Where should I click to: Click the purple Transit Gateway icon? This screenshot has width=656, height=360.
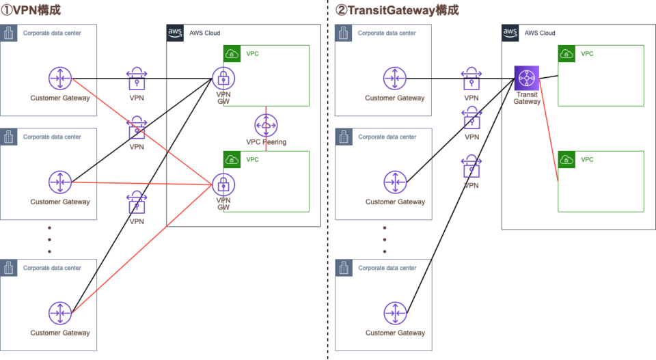pyautogui.click(x=527, y=78)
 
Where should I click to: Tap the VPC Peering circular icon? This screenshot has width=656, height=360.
pyautogui.click(x=266, y=125)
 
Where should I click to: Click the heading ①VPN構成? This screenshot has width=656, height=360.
pyautogui.click(x=31, y=10)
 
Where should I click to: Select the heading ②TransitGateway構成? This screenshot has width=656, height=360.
pyautogui.click(x=397, y=10)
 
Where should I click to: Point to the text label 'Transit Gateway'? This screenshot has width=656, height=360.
pyautogui.click(x=527, y=98)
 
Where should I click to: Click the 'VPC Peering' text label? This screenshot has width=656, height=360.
pyautogui.click(x=266, y=141)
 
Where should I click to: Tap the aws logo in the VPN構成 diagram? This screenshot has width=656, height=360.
pyautogui.click(x=175, y=33)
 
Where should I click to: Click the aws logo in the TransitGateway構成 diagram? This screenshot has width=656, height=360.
pyautogui.click(x=510, y=33)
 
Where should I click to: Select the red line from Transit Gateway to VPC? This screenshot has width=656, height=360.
pyautogui.click(x=549, y=130)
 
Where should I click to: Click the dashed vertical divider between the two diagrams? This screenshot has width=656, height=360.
pyautogui.click(x=327, y=180)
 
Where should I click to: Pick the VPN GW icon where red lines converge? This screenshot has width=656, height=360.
pyautogui.click(x=223, y=184)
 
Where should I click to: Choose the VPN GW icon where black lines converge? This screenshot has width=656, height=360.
pyautogui.click(x=223, y=78)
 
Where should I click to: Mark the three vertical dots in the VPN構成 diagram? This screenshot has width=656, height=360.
pyautogui.click(x=49, y=240)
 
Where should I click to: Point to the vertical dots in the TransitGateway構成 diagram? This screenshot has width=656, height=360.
pyautogui.click(x=385, y=240)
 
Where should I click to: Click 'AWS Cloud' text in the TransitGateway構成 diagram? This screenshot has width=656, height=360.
pyautogui.click(x=540, y=33)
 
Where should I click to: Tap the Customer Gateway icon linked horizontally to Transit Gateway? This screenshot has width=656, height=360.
pyautogui.click(x=394, y=78)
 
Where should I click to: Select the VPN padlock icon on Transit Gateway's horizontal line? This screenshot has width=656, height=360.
pyautogui.click(x=471, y=79)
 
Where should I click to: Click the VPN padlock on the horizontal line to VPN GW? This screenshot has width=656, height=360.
pyautogui.click(x=137, y=79)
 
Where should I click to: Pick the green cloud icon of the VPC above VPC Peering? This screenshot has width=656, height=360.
pyautogui.click(x=232, y=53)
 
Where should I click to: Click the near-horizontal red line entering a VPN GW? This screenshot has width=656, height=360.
pyautogui.click(x=142, y=183)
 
